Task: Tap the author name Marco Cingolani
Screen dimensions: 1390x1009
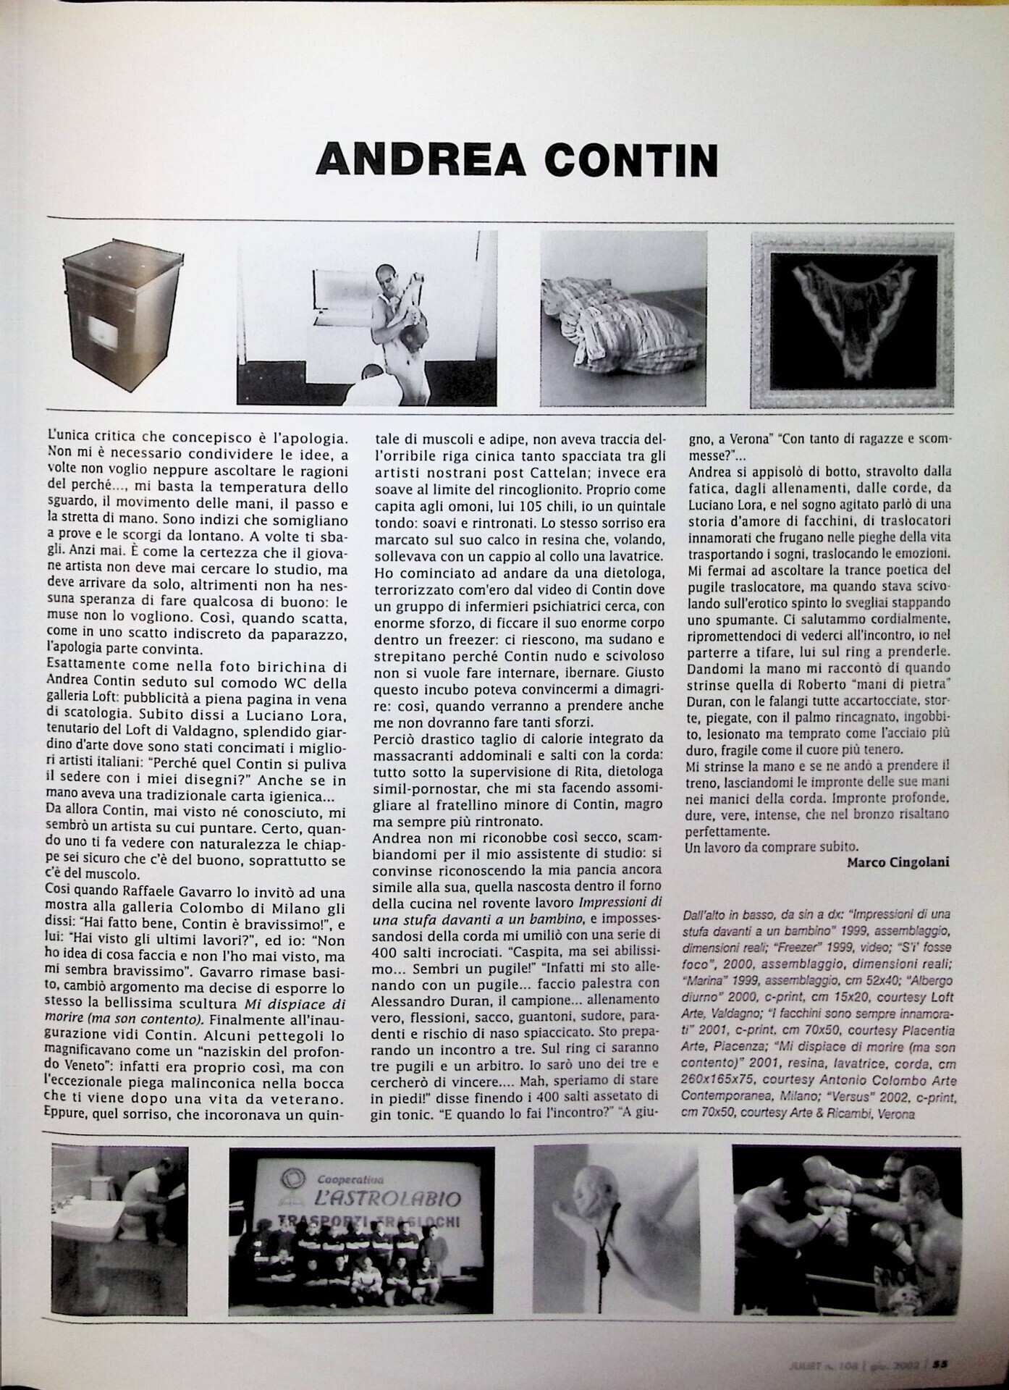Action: point(899,862)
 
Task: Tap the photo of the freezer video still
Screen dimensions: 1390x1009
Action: point(367,317)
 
